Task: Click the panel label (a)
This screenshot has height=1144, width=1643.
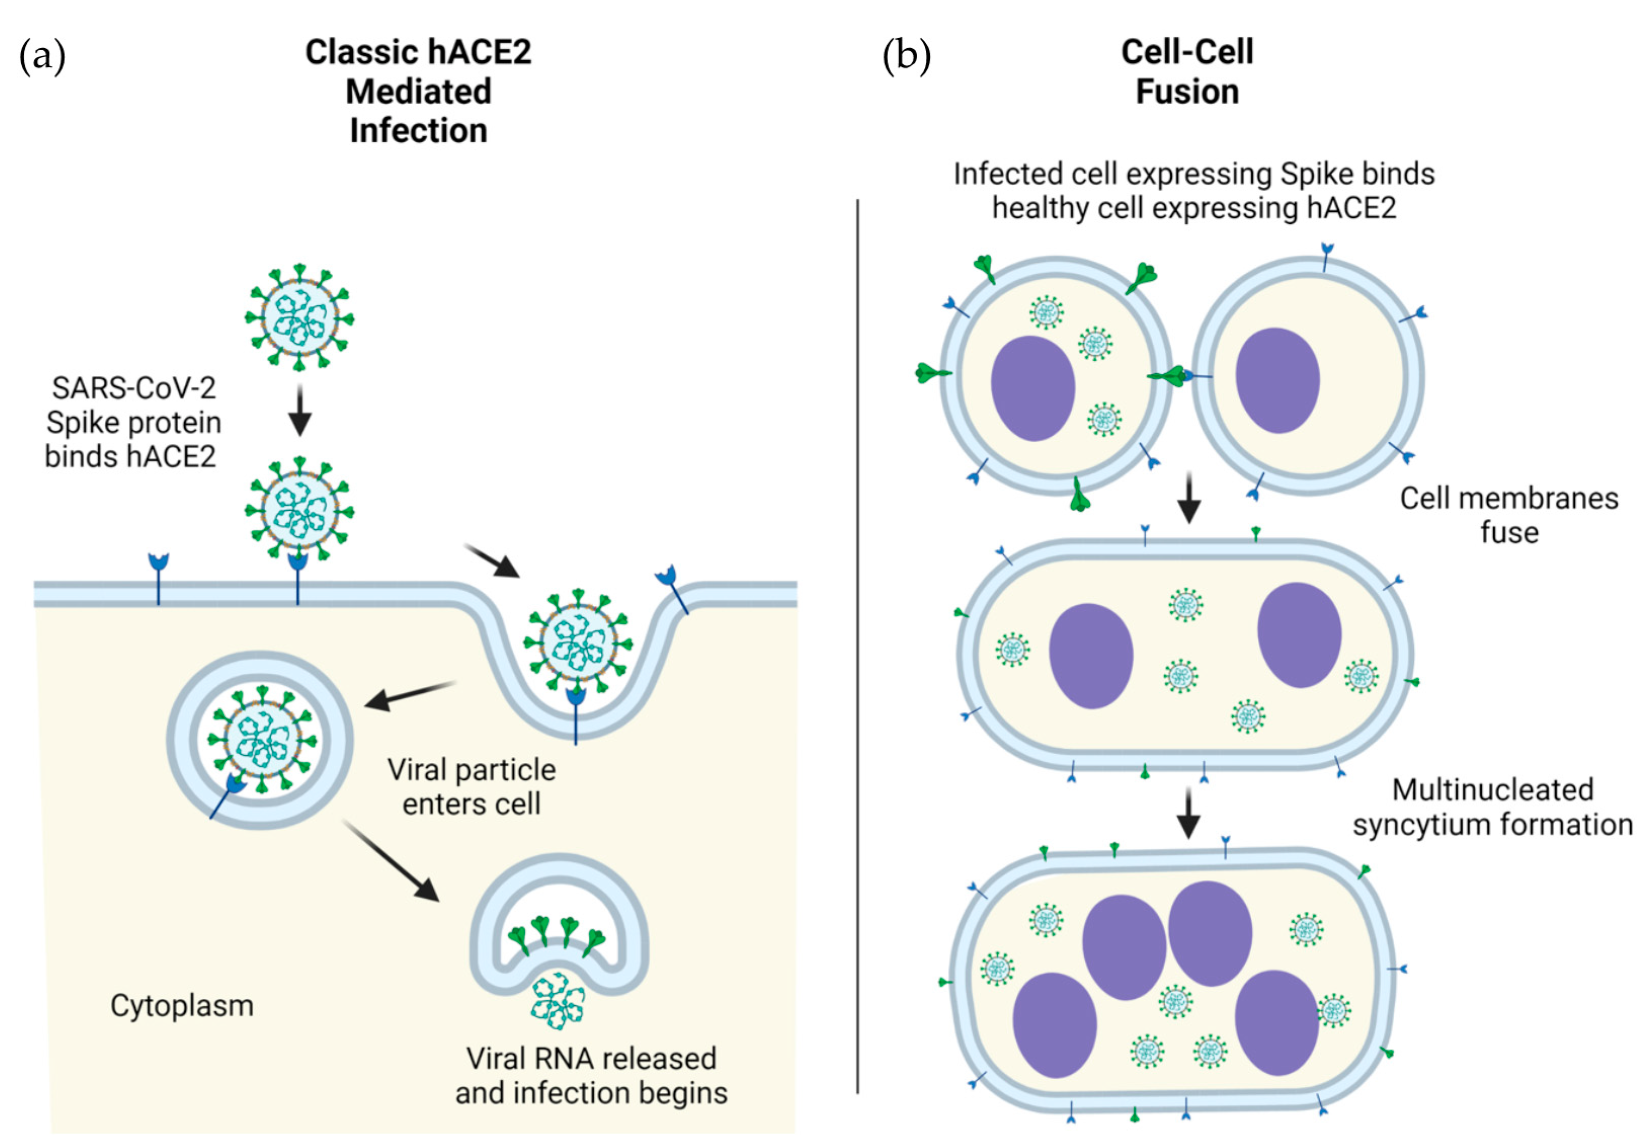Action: coord(42,55)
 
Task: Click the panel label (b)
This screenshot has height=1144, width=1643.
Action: coord(906,55)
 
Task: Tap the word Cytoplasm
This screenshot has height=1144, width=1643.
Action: coord(182,1006)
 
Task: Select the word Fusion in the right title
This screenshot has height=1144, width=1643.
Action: coord(1187,92)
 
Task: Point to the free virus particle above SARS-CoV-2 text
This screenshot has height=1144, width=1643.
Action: coord(300,317)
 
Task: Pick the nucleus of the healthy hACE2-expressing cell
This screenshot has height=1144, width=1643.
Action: coord(1278,380)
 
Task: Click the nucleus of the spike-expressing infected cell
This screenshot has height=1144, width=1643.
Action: coord(1033,388)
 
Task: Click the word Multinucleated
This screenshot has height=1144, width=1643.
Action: coord(1493,790)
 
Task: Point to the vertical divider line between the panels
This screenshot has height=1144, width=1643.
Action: coord(857,644)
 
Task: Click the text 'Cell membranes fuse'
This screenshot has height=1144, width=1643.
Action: coord(1508,515)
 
